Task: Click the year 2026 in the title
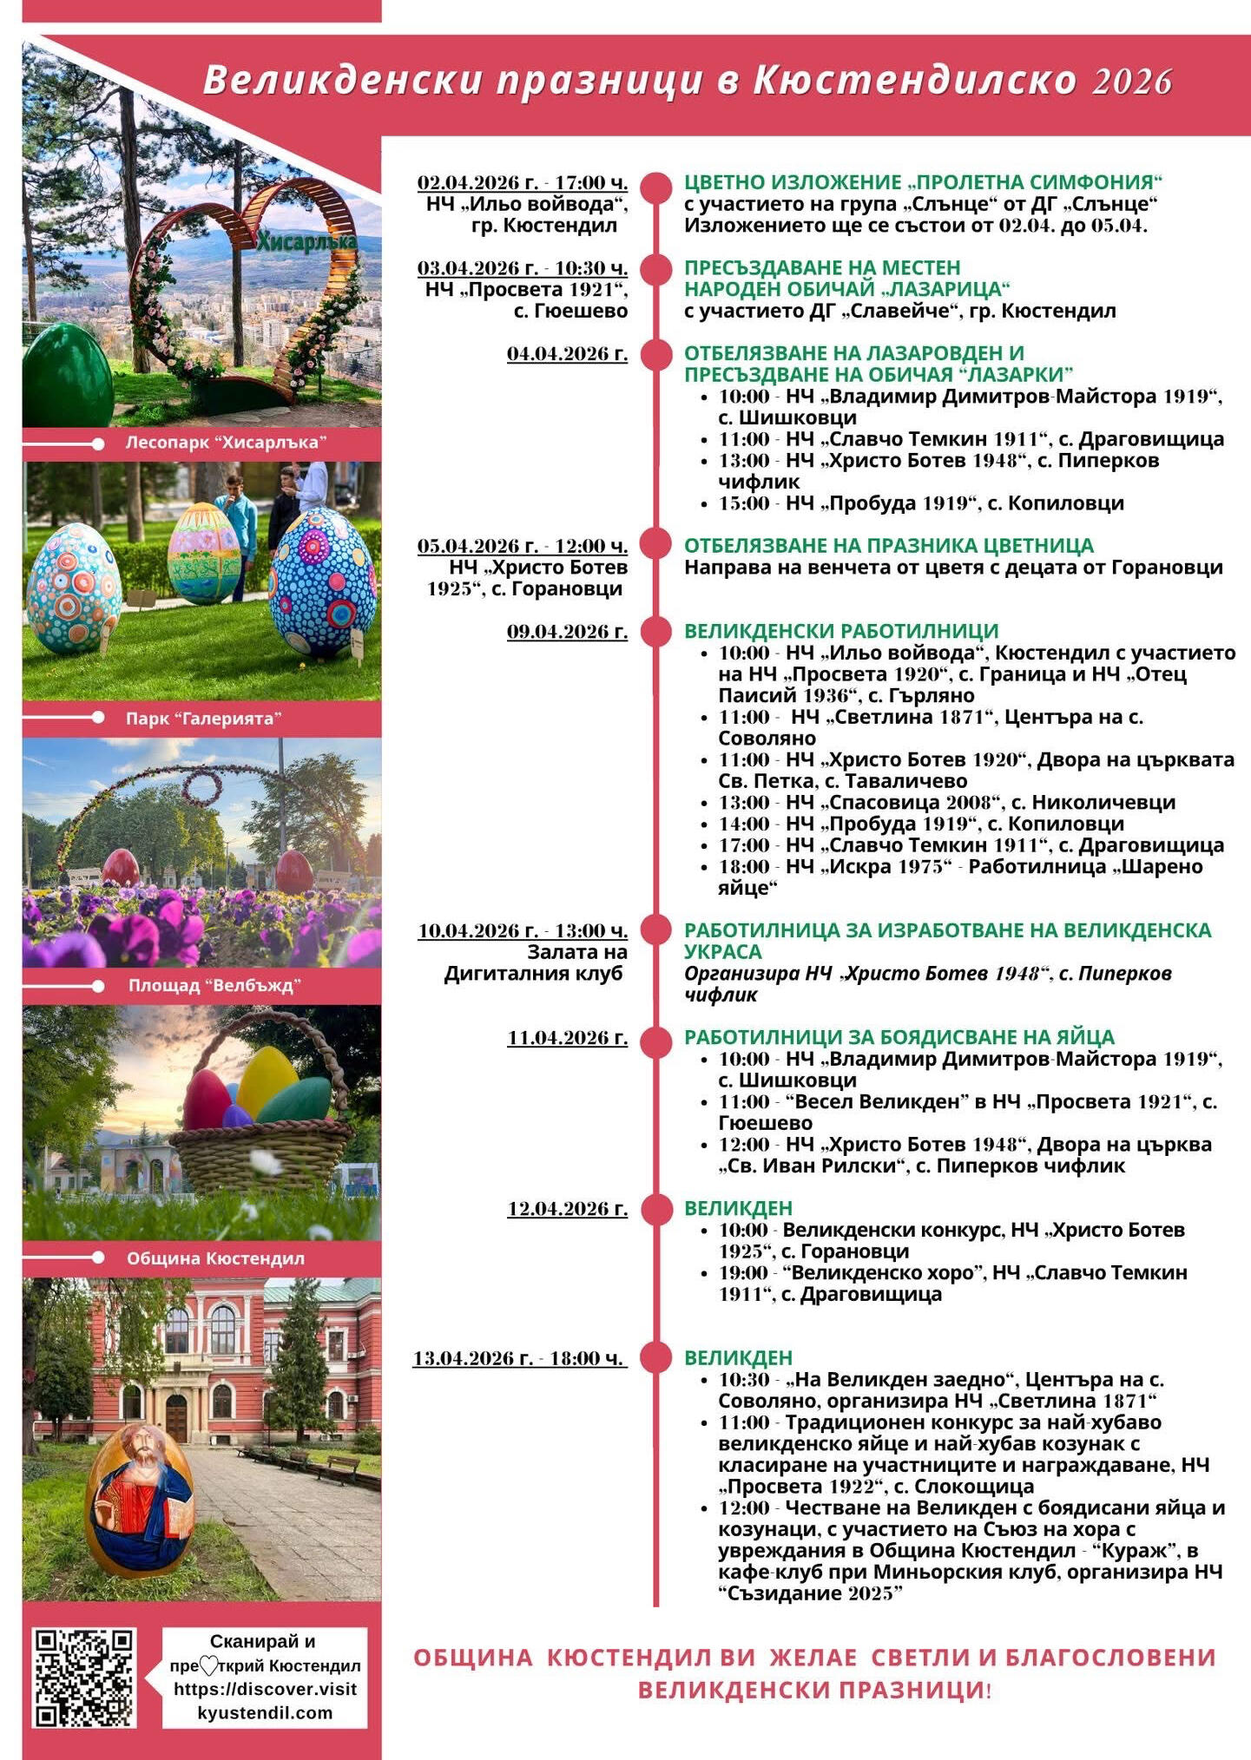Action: (x=1132, y=82)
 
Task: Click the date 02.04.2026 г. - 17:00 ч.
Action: (x=522, y=183)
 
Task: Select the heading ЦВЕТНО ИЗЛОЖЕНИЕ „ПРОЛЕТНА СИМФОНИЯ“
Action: (x=922, y=182)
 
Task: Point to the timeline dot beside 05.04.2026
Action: (x=656, y=545)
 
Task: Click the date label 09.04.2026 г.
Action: (x=567, y=632)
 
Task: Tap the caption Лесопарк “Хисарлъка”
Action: (x=226, y=443)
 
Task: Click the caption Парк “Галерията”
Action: (x=204, y=719)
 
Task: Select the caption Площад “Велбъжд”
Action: (x=214, y=986)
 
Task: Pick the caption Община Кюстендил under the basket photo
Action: (x=215, y=1258)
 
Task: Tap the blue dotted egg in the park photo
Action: (x=323, y=584)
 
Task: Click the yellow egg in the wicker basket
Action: (x=267, y=1080)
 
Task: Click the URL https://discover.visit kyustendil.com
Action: (x=265, y=1701)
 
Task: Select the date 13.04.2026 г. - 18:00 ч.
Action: (x=518, y=1358)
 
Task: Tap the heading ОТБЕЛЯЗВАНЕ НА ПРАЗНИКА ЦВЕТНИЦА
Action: (x=888, y=546)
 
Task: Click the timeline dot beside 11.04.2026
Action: (x=656, y=1038)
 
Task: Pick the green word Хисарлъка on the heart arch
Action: (x=306, y=242)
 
